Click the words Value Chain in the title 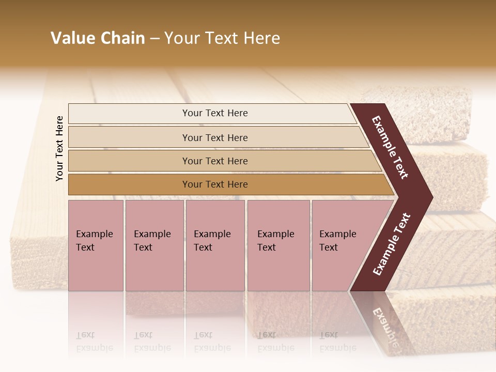(98, 38)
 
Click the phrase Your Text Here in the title (222, 38)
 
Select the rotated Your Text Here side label (59, 148)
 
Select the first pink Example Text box (96, 245)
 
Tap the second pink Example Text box (154, 245)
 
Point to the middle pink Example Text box (215, 245)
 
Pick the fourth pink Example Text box (278, 245)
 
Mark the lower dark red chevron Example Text (392, 244)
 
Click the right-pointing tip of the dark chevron (430, 196)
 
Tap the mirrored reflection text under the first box (94, 342)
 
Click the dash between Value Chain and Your (154, 39)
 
